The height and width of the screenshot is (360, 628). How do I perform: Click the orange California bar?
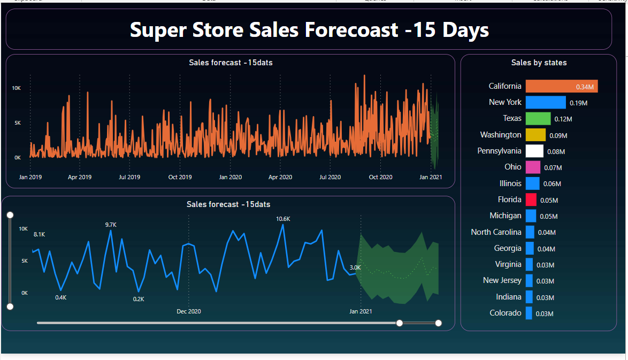coord(561,86)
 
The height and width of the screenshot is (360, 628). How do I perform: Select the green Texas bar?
coord(538,118)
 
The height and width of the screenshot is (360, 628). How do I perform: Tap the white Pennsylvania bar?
coord(534,151)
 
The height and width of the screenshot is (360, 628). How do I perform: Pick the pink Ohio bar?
coord(532,167)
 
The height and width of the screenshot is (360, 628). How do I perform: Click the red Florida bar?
coord(531,200)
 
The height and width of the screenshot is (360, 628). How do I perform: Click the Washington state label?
coord(500,135)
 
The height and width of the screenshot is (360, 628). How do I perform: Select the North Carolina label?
coord(495,232)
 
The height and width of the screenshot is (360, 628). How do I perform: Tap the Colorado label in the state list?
coord(505,313)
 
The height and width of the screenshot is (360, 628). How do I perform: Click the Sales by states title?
coord(539,63)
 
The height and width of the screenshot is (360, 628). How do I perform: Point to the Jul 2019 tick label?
coord(129,177)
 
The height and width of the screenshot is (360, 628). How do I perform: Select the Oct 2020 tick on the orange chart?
coord(380,177)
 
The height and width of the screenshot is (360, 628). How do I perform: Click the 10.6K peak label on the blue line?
coord(283,219)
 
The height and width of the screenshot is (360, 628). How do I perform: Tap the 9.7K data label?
coord(111,225)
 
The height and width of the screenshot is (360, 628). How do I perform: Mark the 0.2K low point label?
coord(139,299)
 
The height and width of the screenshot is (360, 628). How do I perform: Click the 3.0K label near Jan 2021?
coord(355,267)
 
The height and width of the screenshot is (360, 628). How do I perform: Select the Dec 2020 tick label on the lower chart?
coord(188,311)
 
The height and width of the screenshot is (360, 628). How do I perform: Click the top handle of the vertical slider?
coord(10,215)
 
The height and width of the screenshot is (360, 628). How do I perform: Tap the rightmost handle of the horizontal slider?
coord(439,323)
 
